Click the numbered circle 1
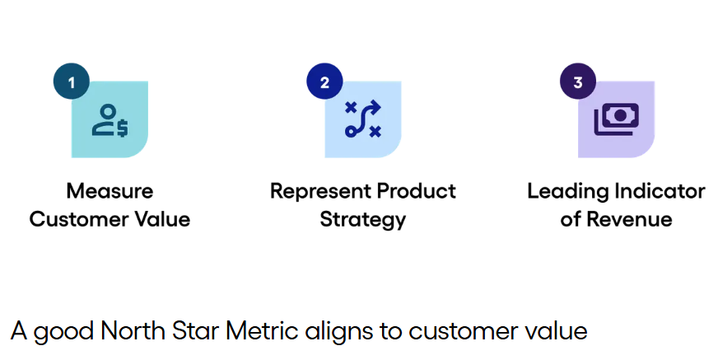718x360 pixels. click(x=72, y=82)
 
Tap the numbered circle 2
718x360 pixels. click(x=324, y=82)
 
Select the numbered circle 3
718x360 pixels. click(x=578, y=82)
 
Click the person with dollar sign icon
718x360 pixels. click(x=110, y=120)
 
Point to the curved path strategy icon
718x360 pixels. click(x=362, y=119)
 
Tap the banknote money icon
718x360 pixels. click(x=617, y=119)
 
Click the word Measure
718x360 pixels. click(x=110, y=191)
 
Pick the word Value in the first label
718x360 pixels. click(x=156, y=219)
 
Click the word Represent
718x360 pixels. click(x=321, y=191)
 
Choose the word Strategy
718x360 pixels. click(x=362, y=220)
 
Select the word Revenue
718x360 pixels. click(x=629, y=219)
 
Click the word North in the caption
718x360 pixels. click(x=133, y=330)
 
